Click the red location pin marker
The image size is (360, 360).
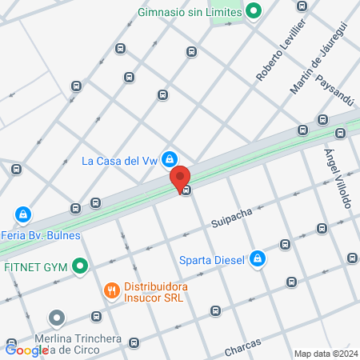(179, 178)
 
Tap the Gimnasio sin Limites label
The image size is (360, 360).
(189, 12)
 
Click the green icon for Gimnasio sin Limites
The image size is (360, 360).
(254, 11)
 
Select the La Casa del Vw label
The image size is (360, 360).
(120, 160)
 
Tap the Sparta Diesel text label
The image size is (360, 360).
(213, 258)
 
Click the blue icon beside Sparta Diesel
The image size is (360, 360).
(258, 258)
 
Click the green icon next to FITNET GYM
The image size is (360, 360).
(79, 266)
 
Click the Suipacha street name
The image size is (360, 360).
(231, 214)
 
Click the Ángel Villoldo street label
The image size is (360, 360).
(337, 178)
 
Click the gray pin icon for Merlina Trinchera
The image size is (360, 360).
(56, 318)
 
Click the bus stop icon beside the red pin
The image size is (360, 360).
(186, 190)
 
